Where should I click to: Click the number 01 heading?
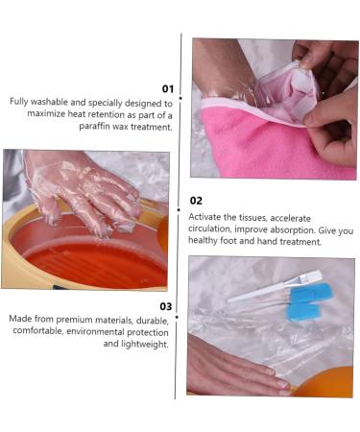point(166,87)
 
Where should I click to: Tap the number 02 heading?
point(195,201)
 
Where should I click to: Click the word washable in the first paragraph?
point(48,103)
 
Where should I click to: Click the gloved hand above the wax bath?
point(82,192)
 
